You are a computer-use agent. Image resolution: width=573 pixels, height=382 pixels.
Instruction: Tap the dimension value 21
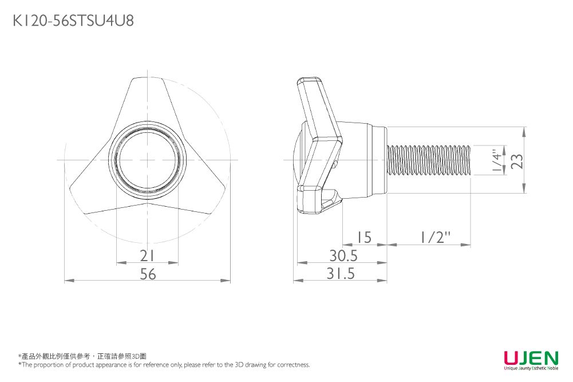coord(147,255)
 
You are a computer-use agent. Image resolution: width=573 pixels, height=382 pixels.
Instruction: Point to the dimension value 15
coord(364,237)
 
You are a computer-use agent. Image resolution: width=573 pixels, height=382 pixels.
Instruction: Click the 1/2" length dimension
coord(433,237)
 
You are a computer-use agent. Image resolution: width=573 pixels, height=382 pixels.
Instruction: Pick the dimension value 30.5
coord(343,255)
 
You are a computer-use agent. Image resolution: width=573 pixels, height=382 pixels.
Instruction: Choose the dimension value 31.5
coord(341,274)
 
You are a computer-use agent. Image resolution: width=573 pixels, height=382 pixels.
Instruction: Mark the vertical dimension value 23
coord(517,161)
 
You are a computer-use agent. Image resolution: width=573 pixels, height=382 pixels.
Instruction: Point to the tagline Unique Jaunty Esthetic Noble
coord(531,369)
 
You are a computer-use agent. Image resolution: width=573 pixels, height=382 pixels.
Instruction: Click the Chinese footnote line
coord(83,356)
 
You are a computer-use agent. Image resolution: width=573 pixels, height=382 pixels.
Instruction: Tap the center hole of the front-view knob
coord(148,160)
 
